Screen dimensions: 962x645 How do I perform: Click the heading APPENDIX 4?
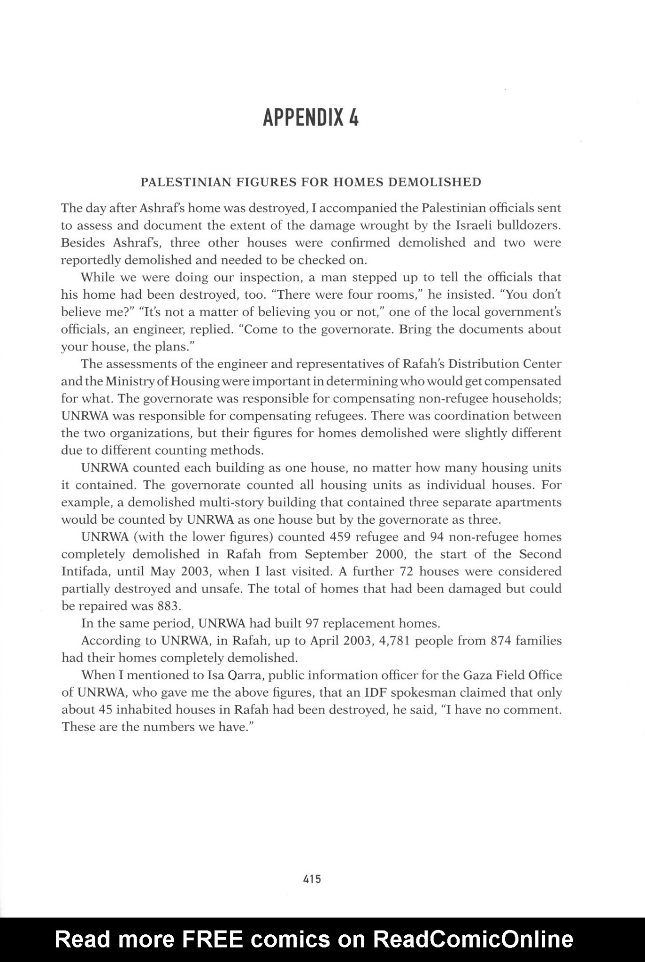tap(311, 117)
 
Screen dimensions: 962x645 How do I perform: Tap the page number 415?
tap(312, 878)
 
